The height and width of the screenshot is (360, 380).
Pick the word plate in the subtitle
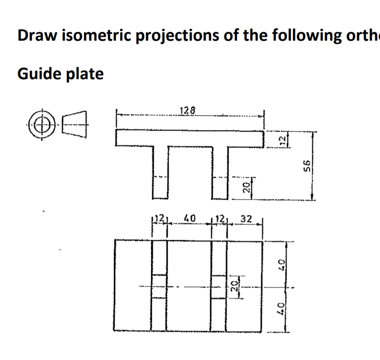[85, 74]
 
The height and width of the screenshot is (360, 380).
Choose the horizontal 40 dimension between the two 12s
[189, 218]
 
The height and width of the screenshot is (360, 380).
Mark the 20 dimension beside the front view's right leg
[248, 188]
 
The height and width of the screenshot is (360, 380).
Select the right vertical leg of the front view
[219, 172]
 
